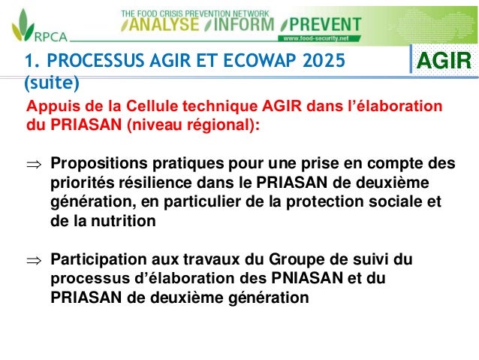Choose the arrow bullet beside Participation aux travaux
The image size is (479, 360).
click(35, 260)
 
